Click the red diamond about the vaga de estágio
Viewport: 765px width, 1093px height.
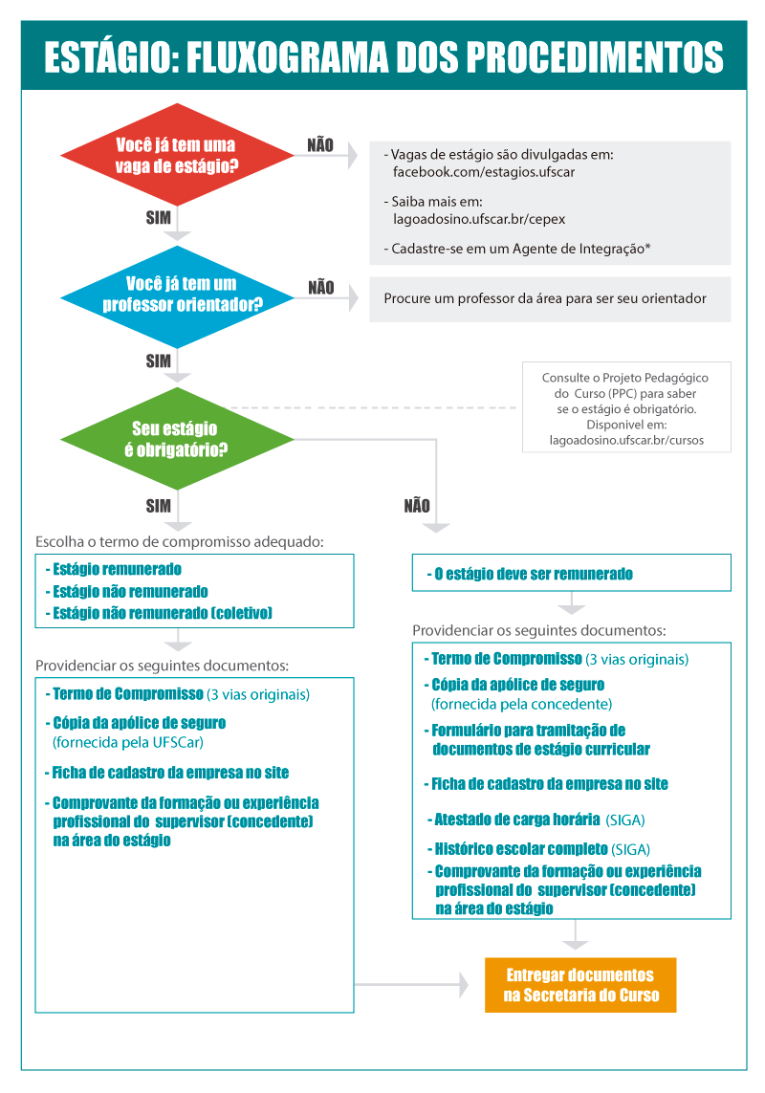pos(177,156)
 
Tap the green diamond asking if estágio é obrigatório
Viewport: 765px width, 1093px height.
pos(177,438)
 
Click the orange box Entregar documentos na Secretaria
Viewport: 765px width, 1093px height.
pos(580,985)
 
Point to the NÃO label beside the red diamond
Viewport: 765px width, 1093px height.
pos(320,145)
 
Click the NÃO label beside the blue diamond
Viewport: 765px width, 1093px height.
pos(321,287)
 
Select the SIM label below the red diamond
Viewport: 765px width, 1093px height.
pos(159,218)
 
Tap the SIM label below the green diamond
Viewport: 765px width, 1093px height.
pos(159,505)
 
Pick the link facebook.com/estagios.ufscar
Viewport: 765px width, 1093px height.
pos(484,172)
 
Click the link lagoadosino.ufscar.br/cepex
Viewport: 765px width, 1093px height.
pos(479,218)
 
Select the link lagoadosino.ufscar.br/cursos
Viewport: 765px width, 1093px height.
pos(626,441)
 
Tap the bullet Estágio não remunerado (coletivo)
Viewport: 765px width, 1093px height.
pos(162,613)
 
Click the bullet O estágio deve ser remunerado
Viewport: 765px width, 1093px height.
pos(533,574)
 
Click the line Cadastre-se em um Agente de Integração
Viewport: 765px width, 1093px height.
pos(517,249)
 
